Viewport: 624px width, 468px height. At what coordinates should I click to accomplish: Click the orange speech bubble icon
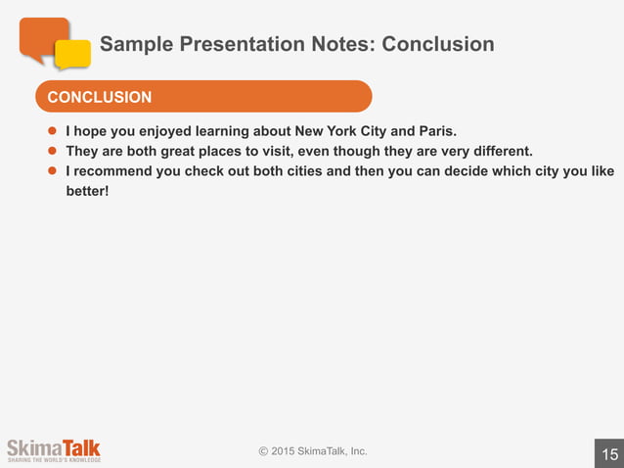(x=43, y=37)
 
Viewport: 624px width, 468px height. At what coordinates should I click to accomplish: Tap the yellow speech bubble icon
(x=73, y=54)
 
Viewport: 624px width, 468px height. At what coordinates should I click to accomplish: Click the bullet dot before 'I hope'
(x=55, y=129)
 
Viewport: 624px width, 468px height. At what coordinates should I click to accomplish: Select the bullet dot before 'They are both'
(x=55, y=151)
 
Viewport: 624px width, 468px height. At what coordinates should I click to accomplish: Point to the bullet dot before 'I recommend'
(x=55, y=171)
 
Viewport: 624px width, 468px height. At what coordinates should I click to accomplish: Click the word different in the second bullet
(x=498, y=151)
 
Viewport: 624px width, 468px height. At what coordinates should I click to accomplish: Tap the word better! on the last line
(x=87, y=191)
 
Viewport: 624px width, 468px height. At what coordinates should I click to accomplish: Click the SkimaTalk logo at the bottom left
(x=53, y=450)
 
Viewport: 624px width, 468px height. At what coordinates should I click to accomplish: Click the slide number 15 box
(x=609, y=453)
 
